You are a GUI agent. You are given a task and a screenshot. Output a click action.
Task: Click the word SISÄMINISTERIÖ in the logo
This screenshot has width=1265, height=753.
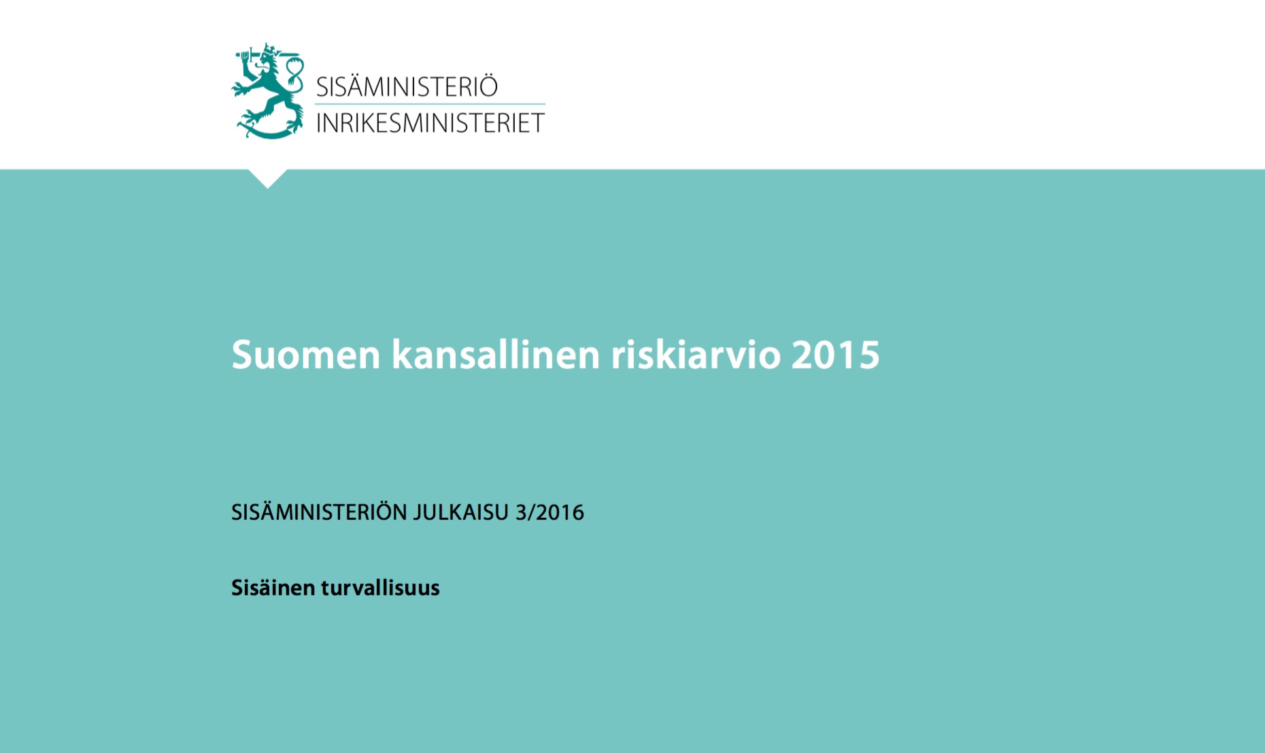[407, 86]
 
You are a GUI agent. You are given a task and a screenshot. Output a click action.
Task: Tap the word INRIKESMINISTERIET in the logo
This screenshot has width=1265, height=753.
[431, 123]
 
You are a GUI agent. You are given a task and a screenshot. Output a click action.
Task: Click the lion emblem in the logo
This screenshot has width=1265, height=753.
[267, 91]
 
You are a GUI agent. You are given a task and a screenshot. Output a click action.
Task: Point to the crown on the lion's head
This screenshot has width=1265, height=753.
[271, 50]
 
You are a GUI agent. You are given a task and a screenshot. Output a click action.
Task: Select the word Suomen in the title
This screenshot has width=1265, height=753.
[306, 354]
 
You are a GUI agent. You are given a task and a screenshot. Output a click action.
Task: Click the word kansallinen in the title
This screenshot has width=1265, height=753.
[496, 354]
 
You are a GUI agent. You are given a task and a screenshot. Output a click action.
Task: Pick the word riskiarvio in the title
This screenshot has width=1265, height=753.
[696, 354]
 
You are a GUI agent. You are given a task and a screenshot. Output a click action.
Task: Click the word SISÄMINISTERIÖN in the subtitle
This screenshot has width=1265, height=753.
[319, 512]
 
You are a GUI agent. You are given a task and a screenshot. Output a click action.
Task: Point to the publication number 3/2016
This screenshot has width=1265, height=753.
[550, 512]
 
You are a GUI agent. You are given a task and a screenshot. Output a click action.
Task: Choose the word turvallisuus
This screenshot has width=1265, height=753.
[380, 587]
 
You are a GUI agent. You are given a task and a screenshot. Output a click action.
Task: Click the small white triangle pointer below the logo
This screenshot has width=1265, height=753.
[267, 177]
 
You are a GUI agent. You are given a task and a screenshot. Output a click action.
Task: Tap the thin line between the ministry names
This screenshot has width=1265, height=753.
[430, 104]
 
